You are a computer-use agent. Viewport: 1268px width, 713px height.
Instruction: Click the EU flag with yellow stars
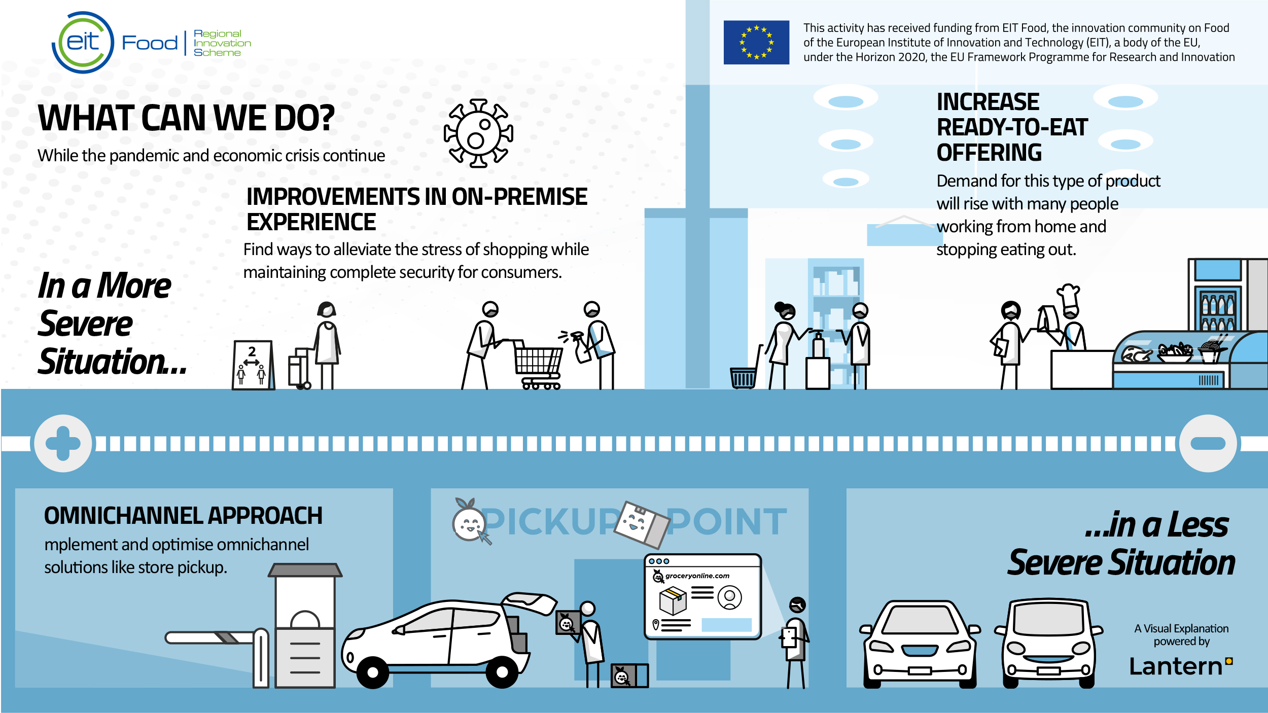point(756,42)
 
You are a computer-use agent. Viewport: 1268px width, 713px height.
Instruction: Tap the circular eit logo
point(83,43)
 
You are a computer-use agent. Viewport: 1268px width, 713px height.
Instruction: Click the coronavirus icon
point(478,133)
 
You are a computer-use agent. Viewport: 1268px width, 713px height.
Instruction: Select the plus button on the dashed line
point(63,443)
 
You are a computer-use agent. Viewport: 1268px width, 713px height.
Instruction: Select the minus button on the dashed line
point(1208,443)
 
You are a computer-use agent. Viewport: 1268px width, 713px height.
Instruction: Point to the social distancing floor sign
point(253,365)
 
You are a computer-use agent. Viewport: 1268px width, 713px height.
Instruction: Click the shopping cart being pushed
point(538,364)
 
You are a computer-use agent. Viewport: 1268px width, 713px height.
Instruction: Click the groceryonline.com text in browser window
point(697,576)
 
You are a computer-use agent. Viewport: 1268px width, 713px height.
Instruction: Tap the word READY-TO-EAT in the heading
point(1012,127)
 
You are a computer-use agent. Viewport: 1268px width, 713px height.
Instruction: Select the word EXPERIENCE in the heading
point(311,222)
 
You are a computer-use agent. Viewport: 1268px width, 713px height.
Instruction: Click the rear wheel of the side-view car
point(502,672)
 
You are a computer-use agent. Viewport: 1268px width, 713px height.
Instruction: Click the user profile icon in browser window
point(729,597)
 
